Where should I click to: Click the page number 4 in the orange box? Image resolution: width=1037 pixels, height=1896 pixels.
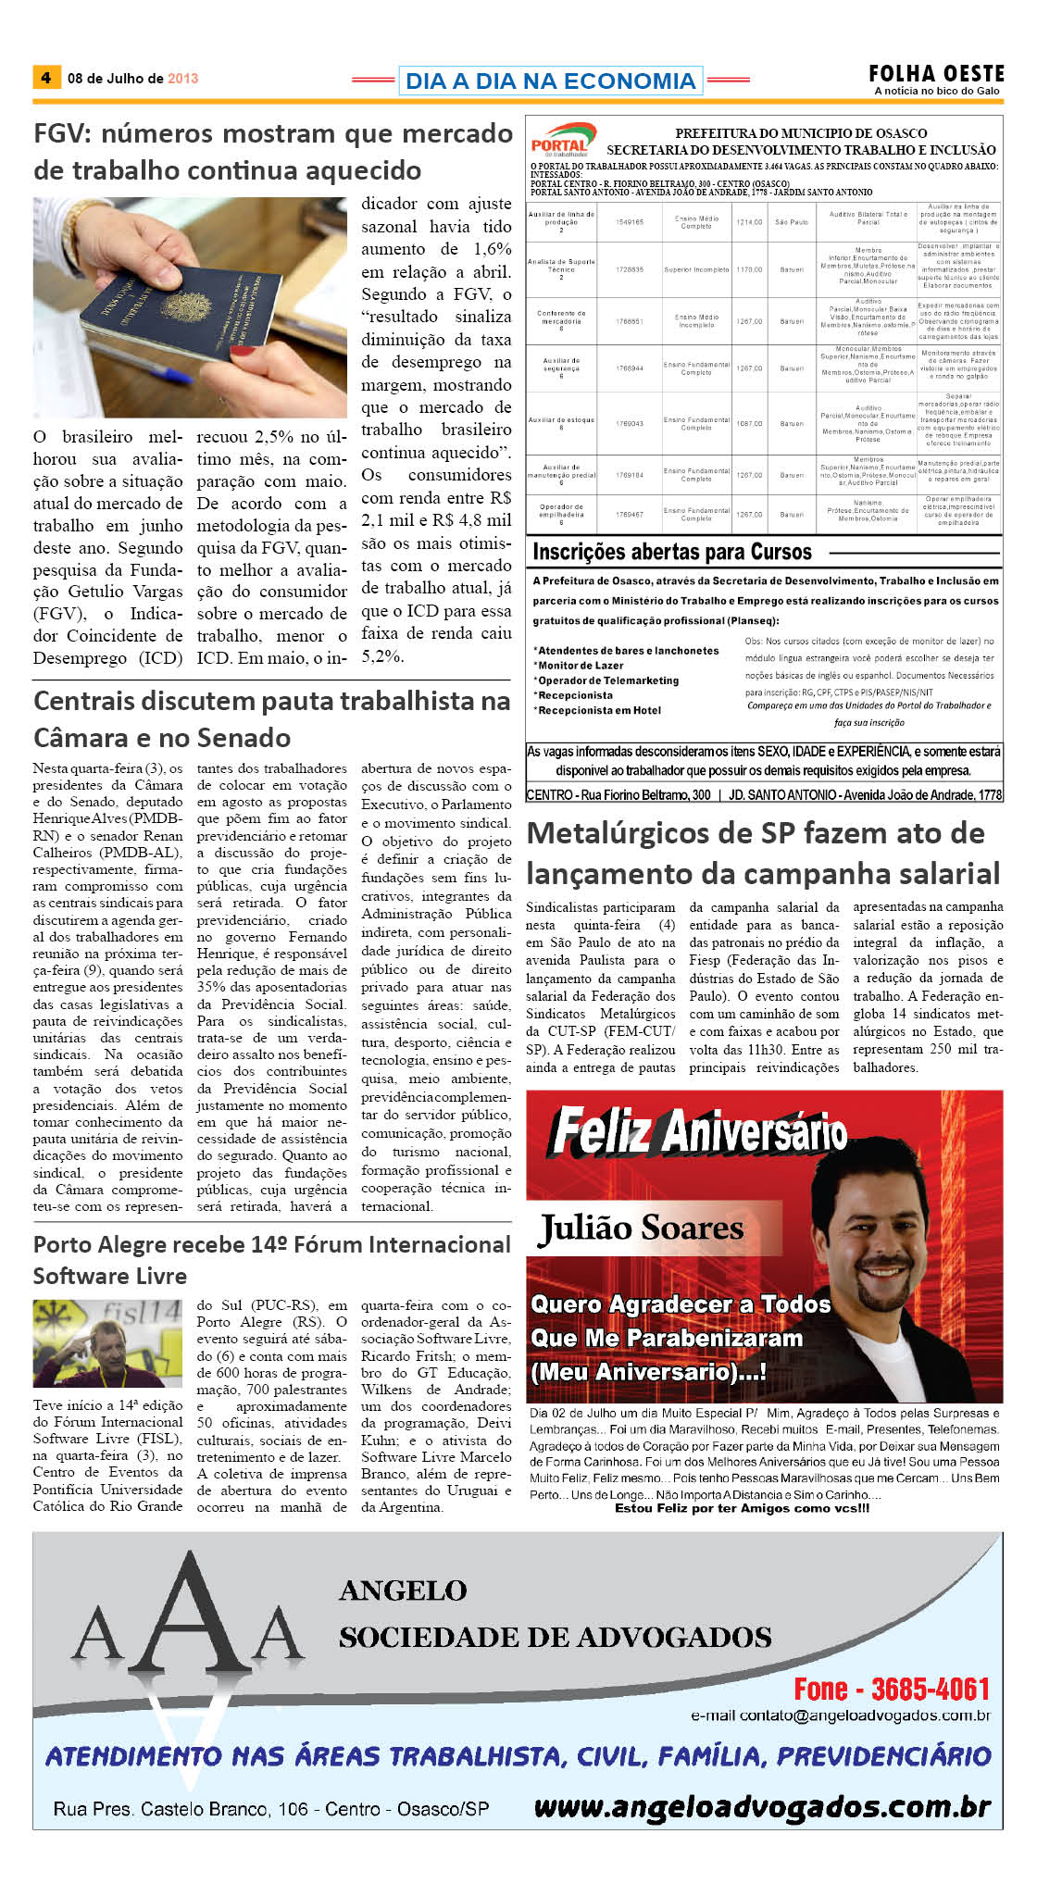pyautogui.click(x=45, y=78)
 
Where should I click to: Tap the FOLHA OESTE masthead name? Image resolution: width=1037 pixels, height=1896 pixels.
pyautogui.click(x=936, y=73)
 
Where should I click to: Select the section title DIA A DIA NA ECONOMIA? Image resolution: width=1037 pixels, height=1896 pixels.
pyautogui.click(x=550, y=81)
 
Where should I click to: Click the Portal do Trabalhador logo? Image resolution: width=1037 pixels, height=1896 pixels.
pyautogui.click(x=562, y=142)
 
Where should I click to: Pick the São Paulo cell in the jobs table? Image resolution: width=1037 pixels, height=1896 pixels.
pyautogui.click(x=792, y=222)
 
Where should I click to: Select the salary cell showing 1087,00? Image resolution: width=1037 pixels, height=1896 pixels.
pyautogui.click(x=749, y=423)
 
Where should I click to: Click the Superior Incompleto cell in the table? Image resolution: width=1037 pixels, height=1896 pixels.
pyautogui.click(x=696, y=269)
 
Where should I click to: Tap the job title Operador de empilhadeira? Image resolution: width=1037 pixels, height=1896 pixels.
pyautogui.click(x=561, y=511)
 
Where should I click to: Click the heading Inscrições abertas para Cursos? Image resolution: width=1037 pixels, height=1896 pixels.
pyautogui.click(x=671, y=553)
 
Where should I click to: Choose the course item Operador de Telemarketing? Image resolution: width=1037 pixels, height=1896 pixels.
pyautogui.click(x=608, y=680)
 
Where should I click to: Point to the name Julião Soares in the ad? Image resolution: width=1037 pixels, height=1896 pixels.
pyautogui.click(x=642, y=1229)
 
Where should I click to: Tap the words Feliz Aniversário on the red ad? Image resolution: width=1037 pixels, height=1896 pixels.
pyautogui.click(x=698, y=1132)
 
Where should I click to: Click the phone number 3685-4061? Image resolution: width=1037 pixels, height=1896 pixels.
pyautogui.click(x=930, y=1690)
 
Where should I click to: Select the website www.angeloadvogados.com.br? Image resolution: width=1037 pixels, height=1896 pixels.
pyautogui.click(x=762, y=1806)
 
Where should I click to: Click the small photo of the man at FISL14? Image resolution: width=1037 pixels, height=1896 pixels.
pyautogui.click(x=107, y=1342)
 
